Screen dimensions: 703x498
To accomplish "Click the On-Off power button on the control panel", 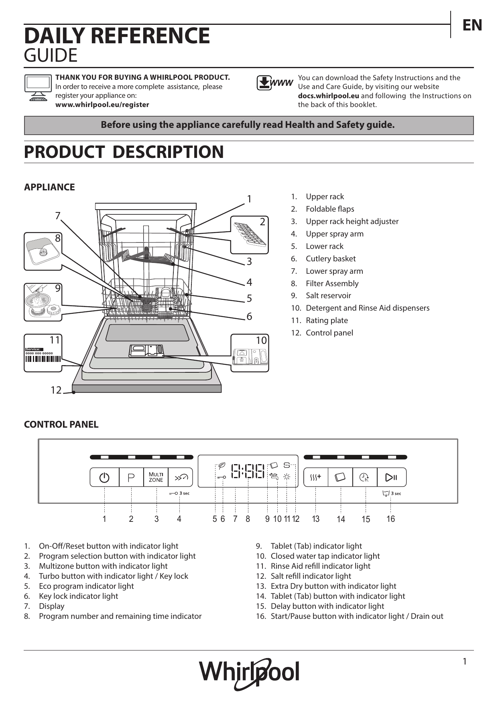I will pos(104,477).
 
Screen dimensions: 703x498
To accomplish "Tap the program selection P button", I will pos(131,477).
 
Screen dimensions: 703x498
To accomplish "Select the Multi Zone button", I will pos(156,477).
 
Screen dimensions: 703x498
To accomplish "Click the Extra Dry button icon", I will pos(316,477).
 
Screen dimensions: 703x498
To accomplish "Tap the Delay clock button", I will pos(364,477).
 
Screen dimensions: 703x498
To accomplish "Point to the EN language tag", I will pos(472,25).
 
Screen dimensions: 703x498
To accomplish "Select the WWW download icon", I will pos(274,83).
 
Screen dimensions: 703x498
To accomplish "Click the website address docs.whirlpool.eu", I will pos(328,96).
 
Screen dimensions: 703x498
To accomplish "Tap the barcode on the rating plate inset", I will pos(43,359).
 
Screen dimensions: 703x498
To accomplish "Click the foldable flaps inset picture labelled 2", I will pos(250,235).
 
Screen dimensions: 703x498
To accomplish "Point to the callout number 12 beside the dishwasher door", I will pos(56,390).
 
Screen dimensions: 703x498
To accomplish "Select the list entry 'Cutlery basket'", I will pos(331,259).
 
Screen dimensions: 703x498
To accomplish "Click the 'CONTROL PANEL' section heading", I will pos(61,424).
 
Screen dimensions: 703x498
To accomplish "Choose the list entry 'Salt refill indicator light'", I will pos(311,576).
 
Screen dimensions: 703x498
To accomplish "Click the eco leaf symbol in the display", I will pos(222,465).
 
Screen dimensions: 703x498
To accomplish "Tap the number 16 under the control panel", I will pos(390,519).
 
